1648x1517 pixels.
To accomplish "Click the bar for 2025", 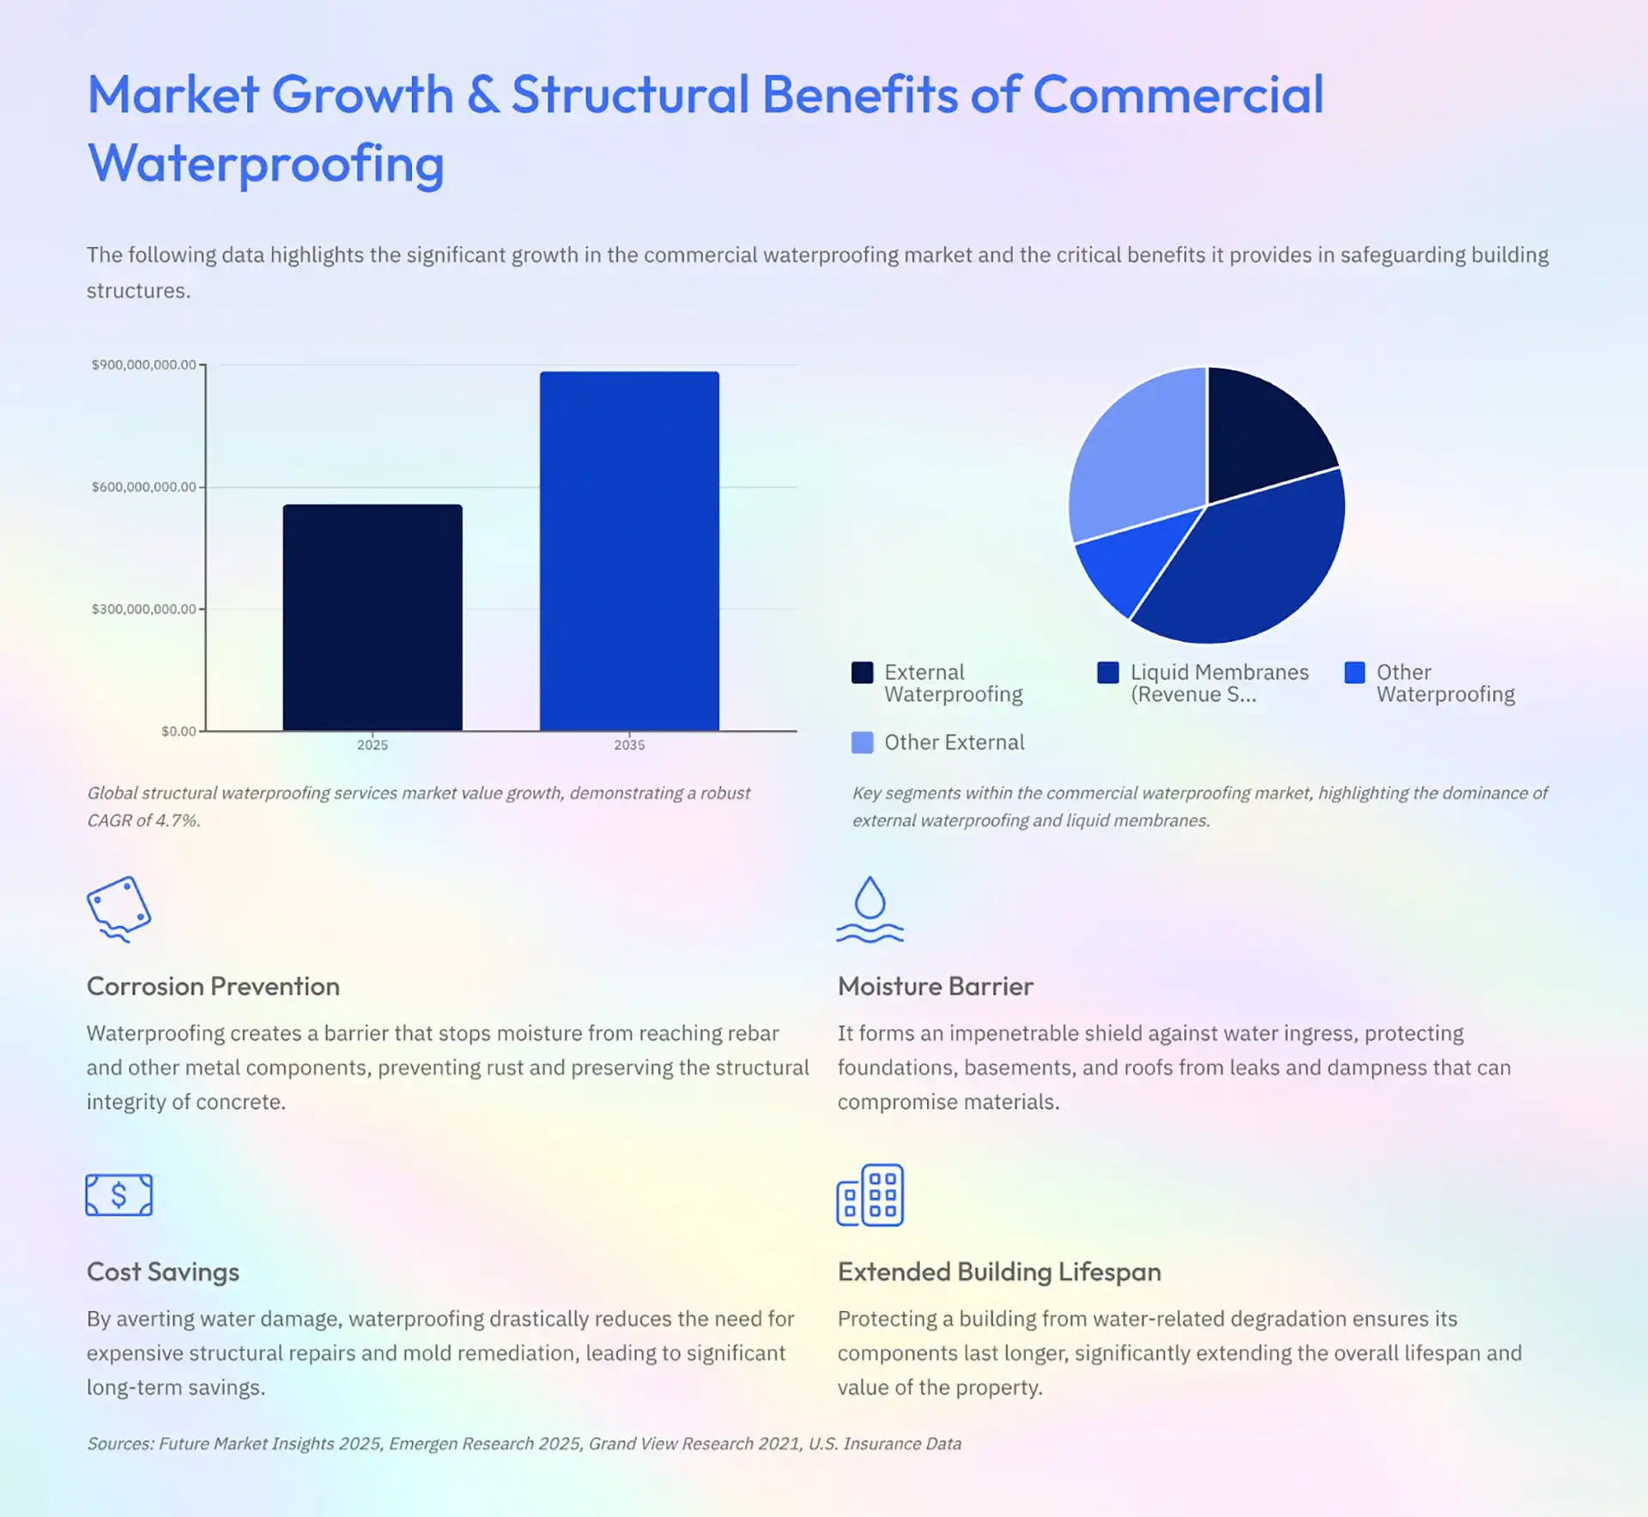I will click(373, 618).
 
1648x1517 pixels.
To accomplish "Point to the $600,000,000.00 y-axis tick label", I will click(144, 487).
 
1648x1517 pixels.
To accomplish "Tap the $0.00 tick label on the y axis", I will click(179, 731).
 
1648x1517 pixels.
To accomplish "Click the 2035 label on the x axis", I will click(629, 745).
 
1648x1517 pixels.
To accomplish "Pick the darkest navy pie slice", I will click(1262, 433).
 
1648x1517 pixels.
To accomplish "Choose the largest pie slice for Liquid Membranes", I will click(1245, 566).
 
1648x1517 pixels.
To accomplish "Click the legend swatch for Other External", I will click(862, 742).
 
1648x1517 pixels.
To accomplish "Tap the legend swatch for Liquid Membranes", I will click(1108, 672).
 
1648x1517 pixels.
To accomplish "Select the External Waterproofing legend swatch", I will click(862, 672).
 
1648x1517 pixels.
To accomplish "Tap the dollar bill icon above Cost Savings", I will click(119, 1194).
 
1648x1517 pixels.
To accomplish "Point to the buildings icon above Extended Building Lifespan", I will click(869, 1194).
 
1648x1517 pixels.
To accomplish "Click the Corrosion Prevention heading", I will click(213, 986).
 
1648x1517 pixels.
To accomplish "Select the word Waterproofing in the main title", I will click(266, 163).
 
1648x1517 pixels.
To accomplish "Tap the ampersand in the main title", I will click(483, 94).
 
